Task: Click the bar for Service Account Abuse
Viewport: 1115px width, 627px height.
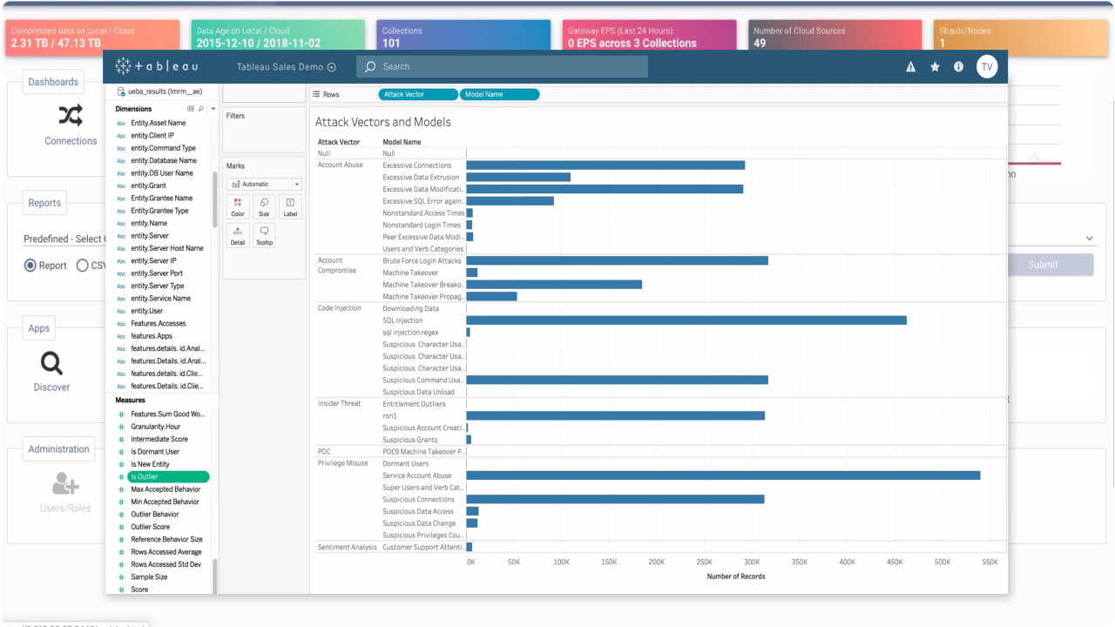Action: pos(723,475)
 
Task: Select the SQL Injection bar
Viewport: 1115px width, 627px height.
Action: pos(686,320)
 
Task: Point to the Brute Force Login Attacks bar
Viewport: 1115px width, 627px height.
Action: pos(617,260)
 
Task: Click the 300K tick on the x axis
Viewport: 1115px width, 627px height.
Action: pos(752,563)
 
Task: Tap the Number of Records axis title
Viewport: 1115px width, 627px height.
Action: pos(735,576)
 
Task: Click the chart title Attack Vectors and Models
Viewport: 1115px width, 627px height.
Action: pos(382,122)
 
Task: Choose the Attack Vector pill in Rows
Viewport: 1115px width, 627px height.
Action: pos(418,94)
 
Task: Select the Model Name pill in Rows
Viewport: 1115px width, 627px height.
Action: pos(501,94)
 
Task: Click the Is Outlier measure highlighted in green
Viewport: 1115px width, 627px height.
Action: pos(168,476)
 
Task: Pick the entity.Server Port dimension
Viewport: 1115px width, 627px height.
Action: pos(157,273)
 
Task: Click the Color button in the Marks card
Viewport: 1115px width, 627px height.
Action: pos(238,207)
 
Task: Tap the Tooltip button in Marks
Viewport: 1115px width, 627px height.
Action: pos(264,235)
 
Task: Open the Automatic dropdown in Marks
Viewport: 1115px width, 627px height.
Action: pos(264,185)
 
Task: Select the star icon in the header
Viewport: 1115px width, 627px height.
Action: pos(935,66)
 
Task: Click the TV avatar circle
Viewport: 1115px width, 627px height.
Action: pos(986,66)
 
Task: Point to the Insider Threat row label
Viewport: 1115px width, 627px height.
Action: pos(339,404)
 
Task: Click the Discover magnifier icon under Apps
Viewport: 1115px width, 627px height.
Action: pos(51,363)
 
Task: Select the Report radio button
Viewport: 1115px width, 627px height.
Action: pos(30,266)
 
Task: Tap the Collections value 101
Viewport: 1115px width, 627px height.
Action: pos(391,43)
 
